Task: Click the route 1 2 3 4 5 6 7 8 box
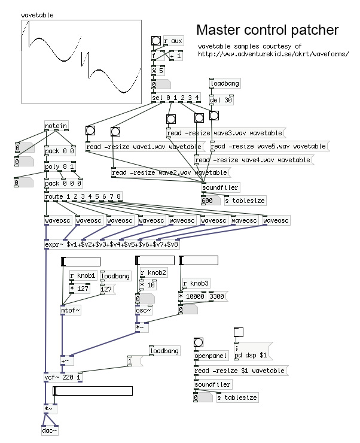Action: click(83, 196)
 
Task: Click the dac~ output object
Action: click(50, 430)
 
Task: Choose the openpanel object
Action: click(210, 355)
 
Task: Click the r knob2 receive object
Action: click(152, 272)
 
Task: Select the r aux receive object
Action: click(173, 41)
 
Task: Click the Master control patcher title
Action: click(267, 29)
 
